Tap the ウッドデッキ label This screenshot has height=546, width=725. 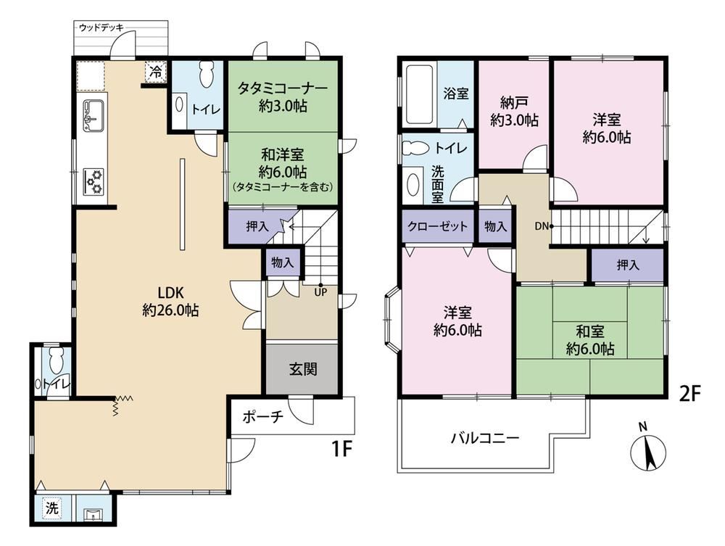(x=101, y=28)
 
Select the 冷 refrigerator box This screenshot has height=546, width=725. (x=156, y=72)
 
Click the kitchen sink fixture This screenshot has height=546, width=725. (x=93, y=115)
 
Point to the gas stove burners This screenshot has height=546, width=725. (x=94, y=182)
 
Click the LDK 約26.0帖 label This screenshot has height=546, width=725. (x=170, y=302)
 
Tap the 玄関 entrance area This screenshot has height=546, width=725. (x=303, y=369)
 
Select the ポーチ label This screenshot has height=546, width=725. (x=262, y=417)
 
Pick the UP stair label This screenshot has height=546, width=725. (x=320, y=292)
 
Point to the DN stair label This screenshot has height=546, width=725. (x=542, y=226)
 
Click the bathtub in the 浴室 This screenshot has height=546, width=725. (x=419, y=94)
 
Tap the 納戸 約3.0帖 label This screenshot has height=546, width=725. (x=514, y=112)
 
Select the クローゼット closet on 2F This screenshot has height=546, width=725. (x=437, y=226)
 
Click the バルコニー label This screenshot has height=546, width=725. (x=485, y=437)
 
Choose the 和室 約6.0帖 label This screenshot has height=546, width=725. (x=590, y=340)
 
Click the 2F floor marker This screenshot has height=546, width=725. (x=690, y=394)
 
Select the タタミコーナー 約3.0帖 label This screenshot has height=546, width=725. (x=283, y=96)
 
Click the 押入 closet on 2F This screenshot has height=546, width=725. (x=627, y=265)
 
